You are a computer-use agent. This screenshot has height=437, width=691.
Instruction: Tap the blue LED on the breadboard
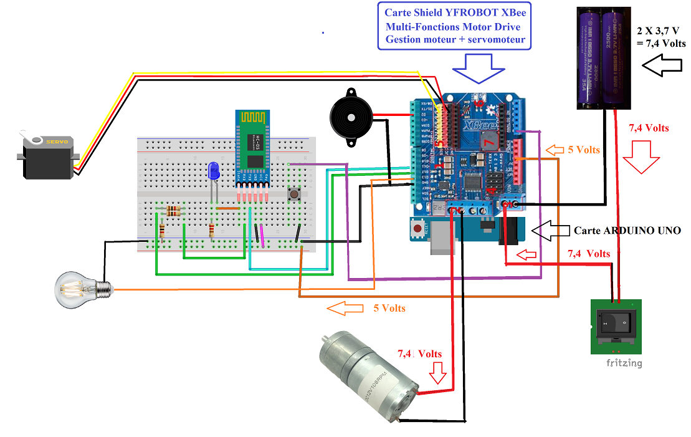click(x=214, y=171)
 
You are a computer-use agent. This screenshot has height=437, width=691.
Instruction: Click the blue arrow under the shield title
click(x=479, y=67)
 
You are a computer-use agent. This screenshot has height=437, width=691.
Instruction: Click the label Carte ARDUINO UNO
click(x=627, y=231)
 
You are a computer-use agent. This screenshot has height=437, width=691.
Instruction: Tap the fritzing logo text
click(x=624, y=363)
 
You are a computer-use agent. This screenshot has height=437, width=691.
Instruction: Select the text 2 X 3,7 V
click(x=660, y=31)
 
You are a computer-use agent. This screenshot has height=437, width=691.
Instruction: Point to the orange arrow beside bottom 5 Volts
click(x=345, y=308)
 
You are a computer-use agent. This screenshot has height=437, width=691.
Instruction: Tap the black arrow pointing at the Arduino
click(x=549, y=230)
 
